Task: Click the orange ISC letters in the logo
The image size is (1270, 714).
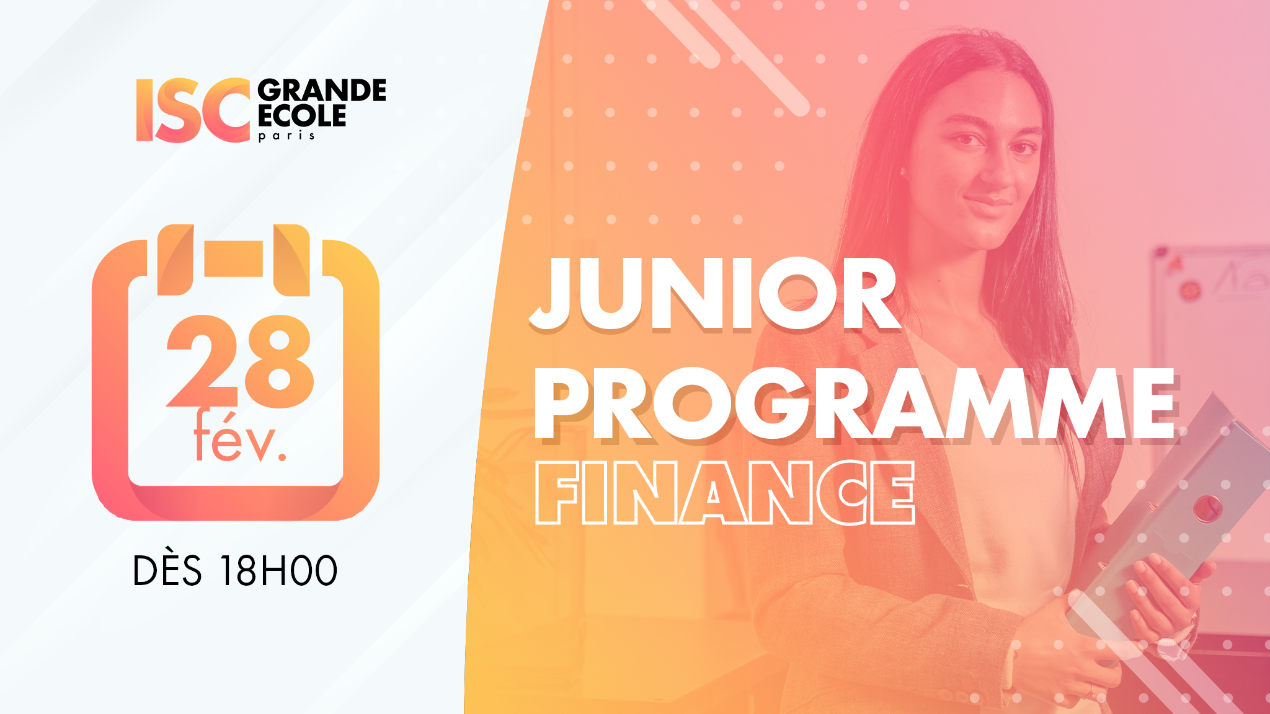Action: [x=193, y=110]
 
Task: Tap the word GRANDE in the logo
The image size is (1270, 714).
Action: [x=322, y=90]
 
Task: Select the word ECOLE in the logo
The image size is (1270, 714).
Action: [x=302, y=116]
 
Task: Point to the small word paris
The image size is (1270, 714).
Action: [x=286, y=136]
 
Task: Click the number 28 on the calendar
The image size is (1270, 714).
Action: [x=239, y=361]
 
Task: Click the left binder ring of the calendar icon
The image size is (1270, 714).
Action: [x=175, y=260]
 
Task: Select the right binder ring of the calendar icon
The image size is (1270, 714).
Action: [x=291, y=260]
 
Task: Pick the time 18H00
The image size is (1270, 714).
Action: [x=279, y=571]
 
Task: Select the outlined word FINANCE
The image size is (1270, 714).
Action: [x=725, y=493]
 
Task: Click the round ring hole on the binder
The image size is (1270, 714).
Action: [x=1207, y=509]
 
